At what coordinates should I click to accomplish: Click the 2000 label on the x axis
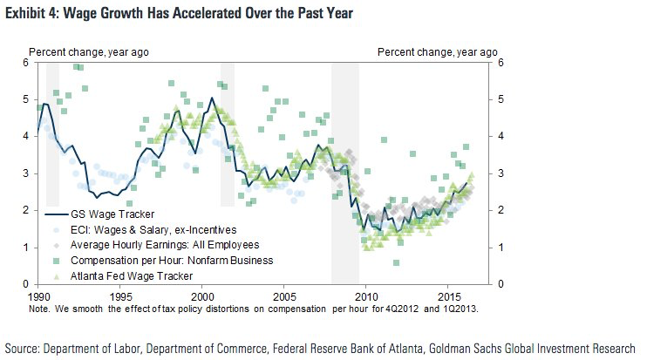tap(201, 295)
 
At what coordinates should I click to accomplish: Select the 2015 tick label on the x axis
tap(448, 295)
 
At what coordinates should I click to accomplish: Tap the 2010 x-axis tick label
tap(366, 295)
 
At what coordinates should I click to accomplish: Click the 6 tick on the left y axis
tap(27, 63)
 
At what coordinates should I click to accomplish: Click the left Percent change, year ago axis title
tap(90, 51)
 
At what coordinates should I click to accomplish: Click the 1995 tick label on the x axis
tap(119, 295)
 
